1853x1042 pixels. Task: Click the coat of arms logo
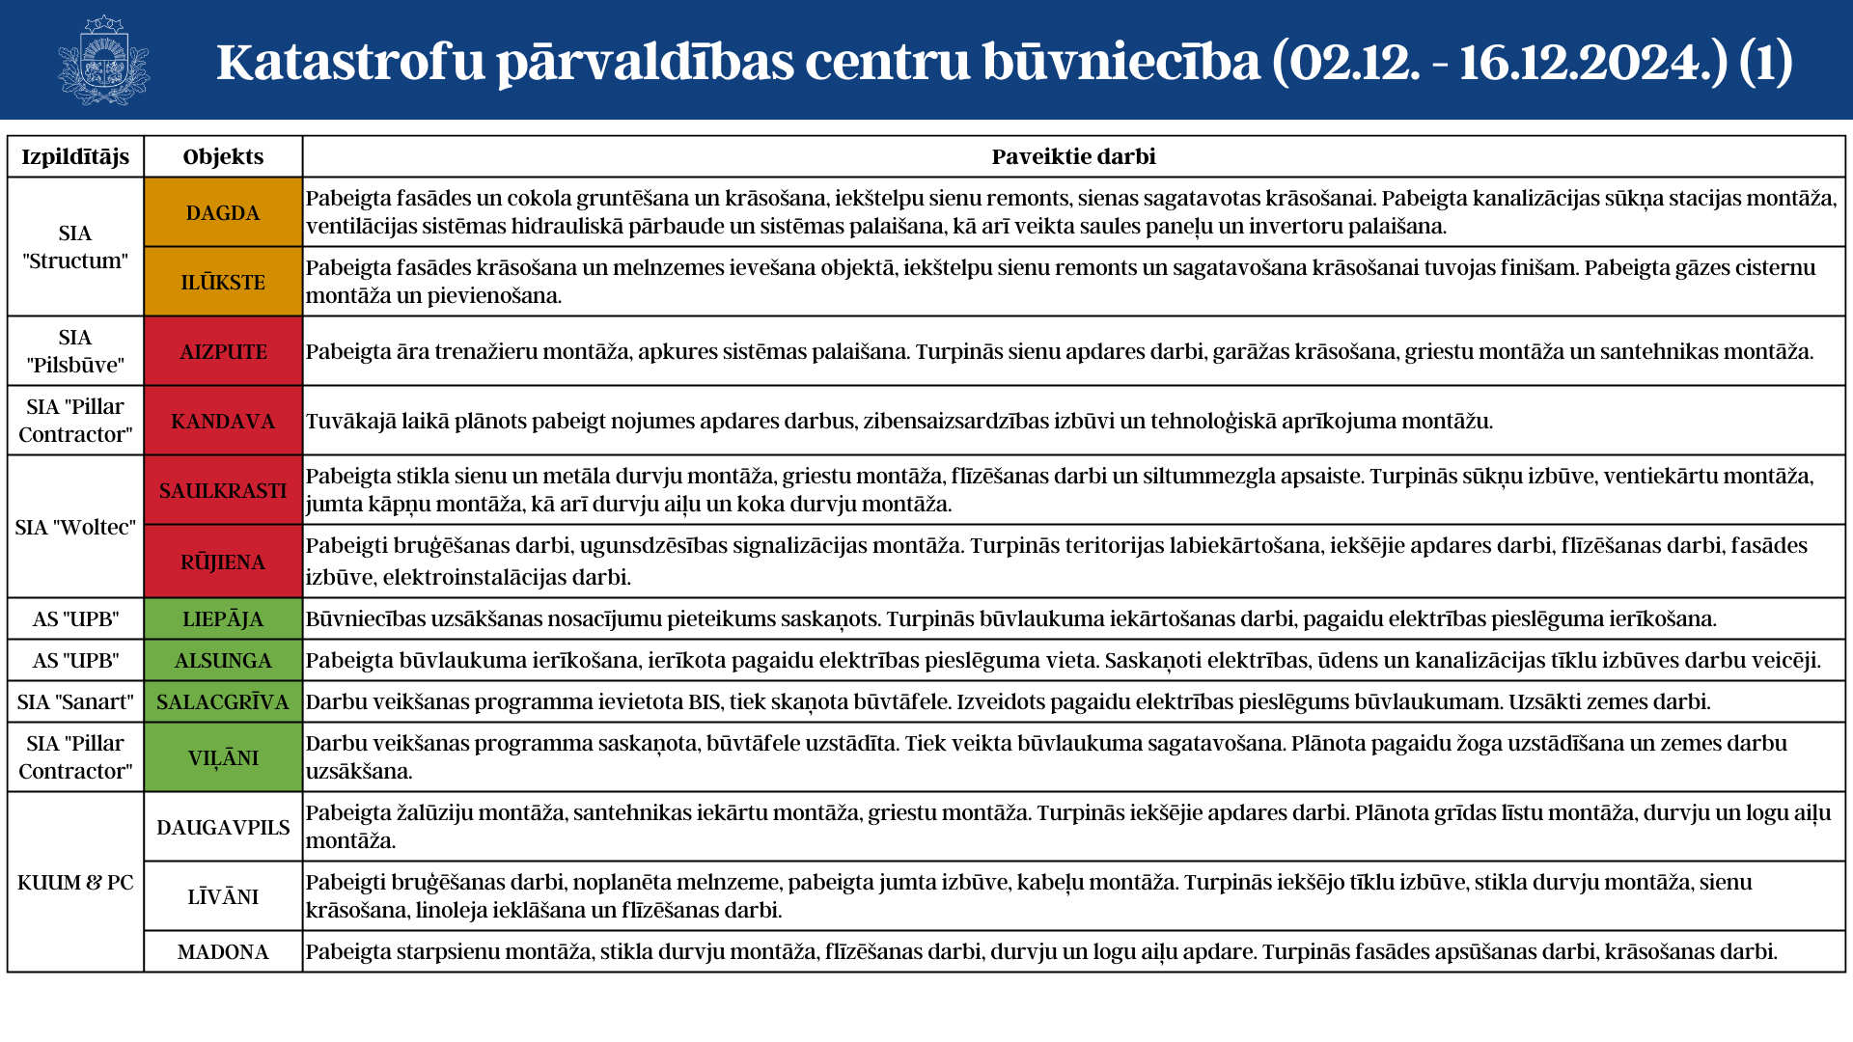coord(103,60)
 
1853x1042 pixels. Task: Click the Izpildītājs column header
coord(75,156)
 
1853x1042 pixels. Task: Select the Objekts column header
coord(223,156)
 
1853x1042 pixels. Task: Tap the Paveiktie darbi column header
coord(1073,156)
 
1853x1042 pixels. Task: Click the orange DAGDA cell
coord(223,212)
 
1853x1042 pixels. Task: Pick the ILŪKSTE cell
coord(223,282)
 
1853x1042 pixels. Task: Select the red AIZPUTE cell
coord(223,351)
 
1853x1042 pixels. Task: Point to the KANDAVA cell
coord(223,421)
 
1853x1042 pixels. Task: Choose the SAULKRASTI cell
coord(223,490)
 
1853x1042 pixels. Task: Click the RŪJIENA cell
coord(223,562)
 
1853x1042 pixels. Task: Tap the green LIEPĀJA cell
coord(223,618)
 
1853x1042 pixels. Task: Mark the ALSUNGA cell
coord(223,660)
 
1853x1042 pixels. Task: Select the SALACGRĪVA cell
coord(223,701)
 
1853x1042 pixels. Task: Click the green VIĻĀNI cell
coord(223,757)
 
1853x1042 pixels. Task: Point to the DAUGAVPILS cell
coord(223,827)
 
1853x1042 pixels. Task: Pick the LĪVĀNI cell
coord(223,896)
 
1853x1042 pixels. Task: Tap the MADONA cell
coord(223,951)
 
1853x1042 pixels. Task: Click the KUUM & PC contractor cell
coord(75,882)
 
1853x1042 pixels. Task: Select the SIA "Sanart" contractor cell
coord(75,701)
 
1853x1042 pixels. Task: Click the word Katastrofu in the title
coord(350,62)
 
